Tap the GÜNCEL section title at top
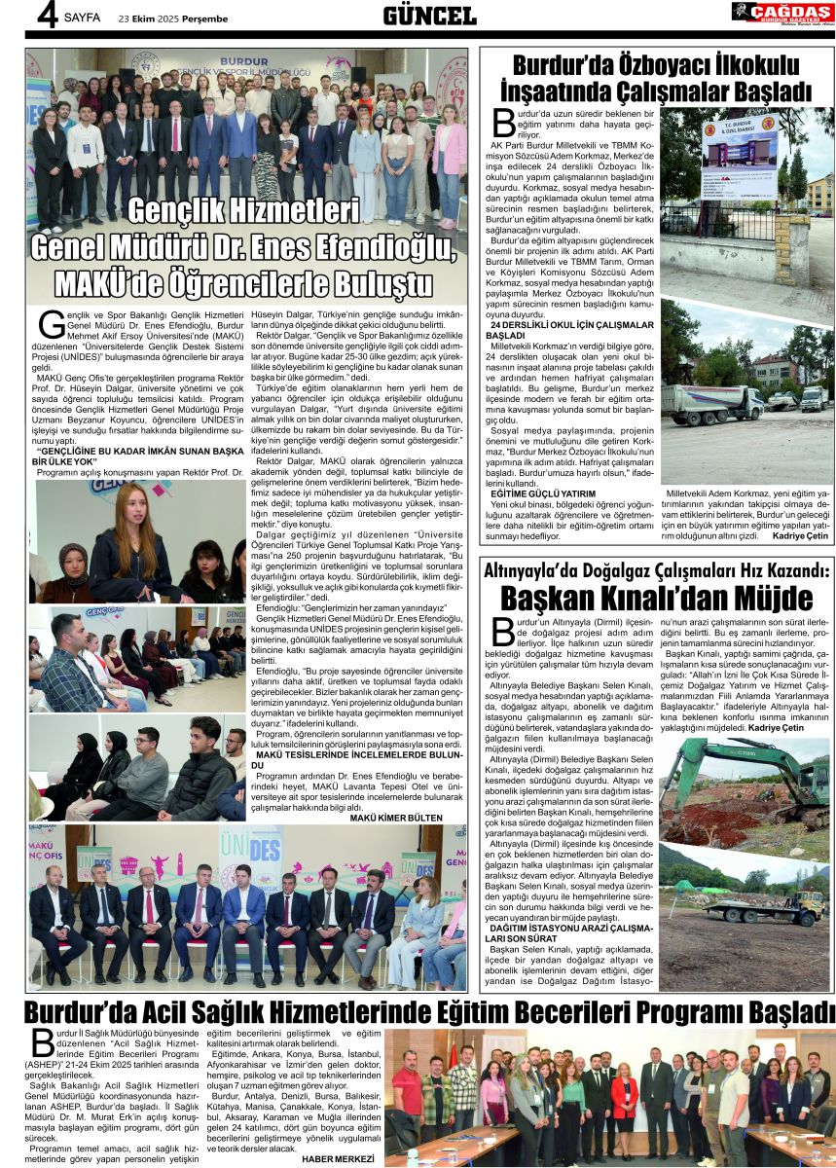(429, 16)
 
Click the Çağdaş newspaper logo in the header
(781, 14)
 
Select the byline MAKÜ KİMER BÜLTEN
(396, 818)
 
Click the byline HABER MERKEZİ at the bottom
(338, 1158)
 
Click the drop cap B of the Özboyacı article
(503, 124)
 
